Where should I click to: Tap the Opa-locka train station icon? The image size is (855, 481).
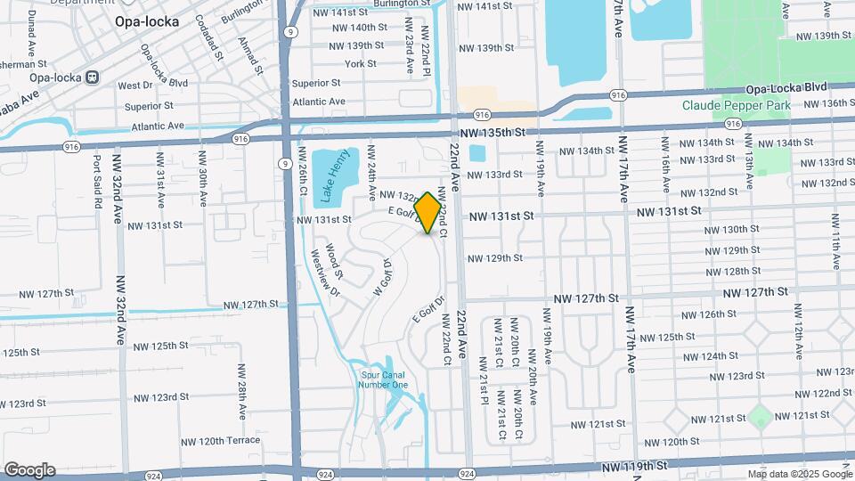point(92,77)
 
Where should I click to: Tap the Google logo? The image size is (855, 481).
point(28,470)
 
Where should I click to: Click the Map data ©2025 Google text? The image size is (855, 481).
point(799,474)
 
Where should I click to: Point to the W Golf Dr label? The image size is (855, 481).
point(380,277)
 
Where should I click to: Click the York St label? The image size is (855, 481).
point(361,64)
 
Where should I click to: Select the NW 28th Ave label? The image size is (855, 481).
point(241,391)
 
